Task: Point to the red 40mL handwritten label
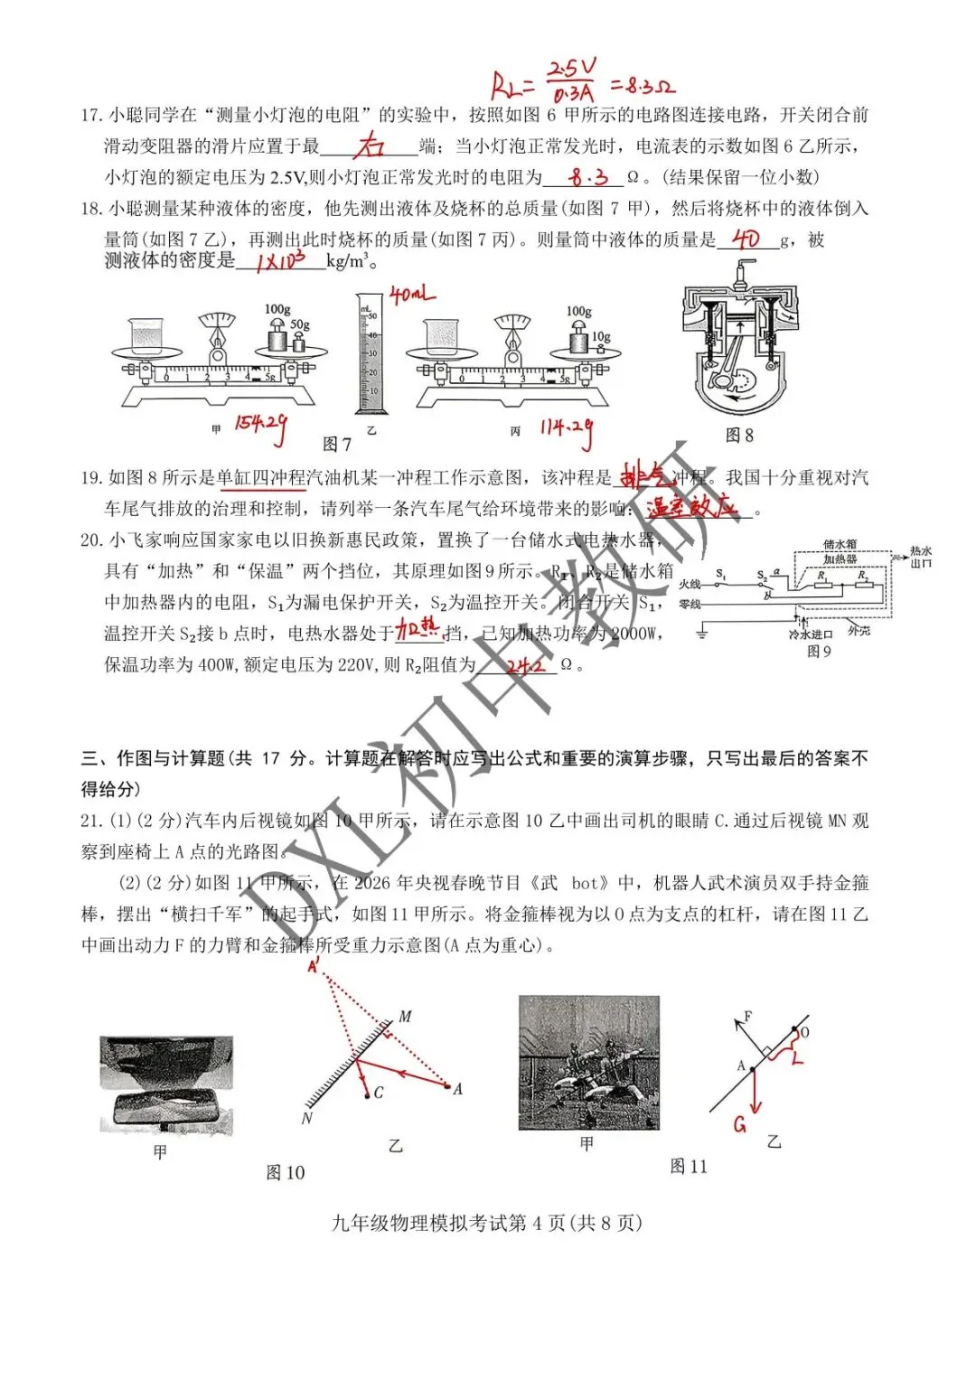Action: click(411, 295)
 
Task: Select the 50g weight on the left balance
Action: click(299, 341)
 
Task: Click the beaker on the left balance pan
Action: click(146, 336)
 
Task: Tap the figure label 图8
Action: click(739, 436)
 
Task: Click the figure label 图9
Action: click(819, 651)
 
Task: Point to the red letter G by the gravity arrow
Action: click(740, 1124)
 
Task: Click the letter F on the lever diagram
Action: click(747, 1016)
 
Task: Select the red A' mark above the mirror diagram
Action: click(314, 966)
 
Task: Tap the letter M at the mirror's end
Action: click(405, 1017)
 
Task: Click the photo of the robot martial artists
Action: click(588, 1063)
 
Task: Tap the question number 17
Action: click(91, 116)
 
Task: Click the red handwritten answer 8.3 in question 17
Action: click(588, 177)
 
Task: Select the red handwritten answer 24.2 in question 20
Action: click(526, 666)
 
